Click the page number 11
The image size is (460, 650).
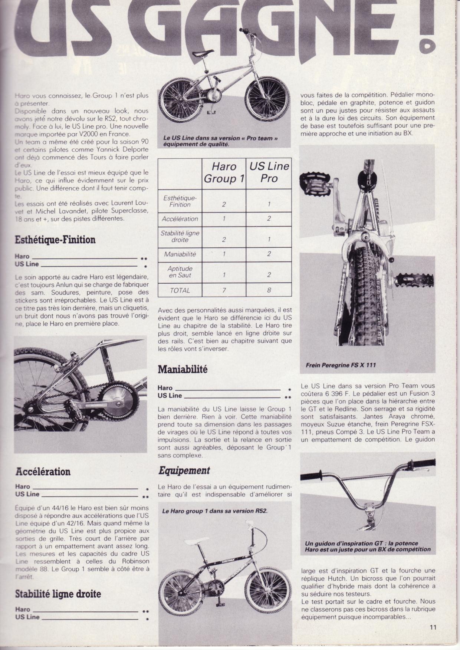433,627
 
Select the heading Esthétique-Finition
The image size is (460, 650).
55,240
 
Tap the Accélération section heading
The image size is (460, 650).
43,472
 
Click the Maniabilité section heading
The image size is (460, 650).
183,369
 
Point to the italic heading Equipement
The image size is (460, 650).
184,471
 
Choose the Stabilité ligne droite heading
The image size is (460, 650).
58,594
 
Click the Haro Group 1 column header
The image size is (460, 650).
224,172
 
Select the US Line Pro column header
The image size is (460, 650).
269,172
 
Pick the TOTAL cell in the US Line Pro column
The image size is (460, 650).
269,290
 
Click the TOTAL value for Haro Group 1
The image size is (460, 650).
224,290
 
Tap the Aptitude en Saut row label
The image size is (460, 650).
180,271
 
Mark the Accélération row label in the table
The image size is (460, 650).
180,219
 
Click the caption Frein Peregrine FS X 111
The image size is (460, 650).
341,365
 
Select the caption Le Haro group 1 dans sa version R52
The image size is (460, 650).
215,511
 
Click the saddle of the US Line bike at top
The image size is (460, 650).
203,54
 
